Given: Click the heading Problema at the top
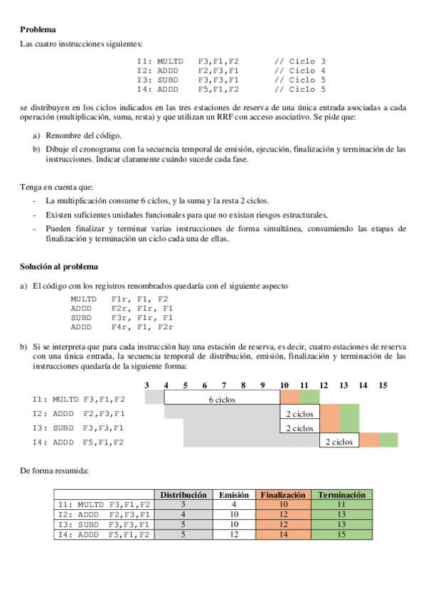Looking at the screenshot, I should click(38, 29).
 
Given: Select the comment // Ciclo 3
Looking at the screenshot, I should click(299, 62).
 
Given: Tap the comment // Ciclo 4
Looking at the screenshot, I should click(299, 71).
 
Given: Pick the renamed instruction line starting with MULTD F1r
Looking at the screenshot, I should click(119, 299).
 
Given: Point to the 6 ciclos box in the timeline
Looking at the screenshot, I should click(222, 400).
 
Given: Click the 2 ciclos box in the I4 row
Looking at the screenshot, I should click(339, 442).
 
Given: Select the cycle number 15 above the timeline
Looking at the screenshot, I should click(383, 385).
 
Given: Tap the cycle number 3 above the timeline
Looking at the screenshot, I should click(147, 385).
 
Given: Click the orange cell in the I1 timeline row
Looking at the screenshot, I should click(290, 397).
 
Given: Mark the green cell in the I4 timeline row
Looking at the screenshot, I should click(388, 441).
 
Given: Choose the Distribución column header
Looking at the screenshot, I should click(183, 495).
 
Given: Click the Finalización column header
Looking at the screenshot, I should click(283, 495).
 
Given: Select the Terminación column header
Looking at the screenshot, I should click(342, 495).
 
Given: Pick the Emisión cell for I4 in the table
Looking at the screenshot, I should click(234, 535).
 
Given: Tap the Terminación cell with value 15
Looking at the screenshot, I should click(342, 535).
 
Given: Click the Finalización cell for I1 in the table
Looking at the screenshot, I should click(283, 505).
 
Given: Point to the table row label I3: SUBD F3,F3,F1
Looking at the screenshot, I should click(104, 525).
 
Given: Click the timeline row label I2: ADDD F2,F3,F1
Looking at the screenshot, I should click(79, 413).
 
